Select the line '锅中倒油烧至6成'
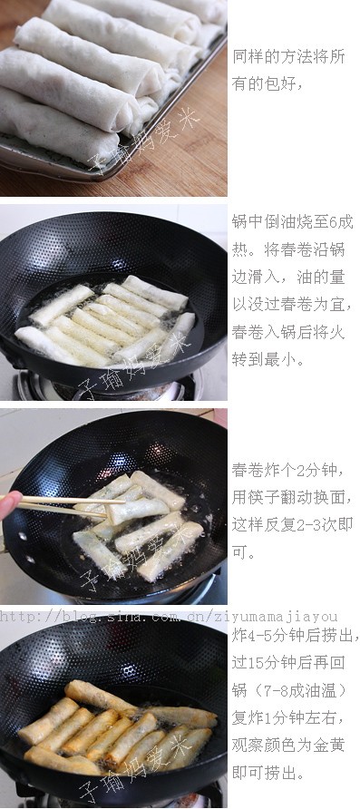[292, 222]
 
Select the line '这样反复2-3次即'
[292, 524]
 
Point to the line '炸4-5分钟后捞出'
[296, 636]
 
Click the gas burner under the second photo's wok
[109, 390]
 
